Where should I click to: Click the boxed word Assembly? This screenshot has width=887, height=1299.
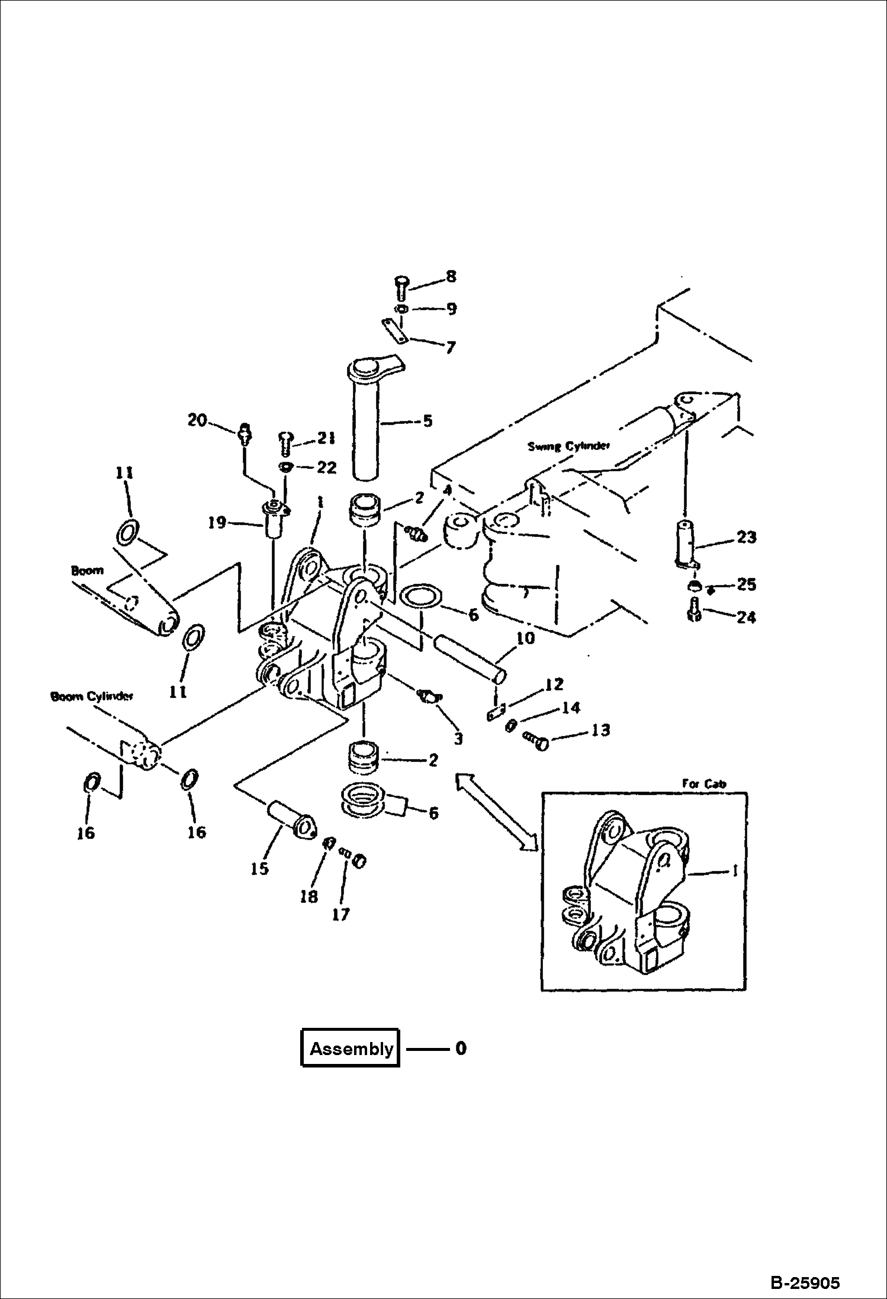[x=351, y=1049]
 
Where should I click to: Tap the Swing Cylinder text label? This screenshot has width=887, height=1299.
[x=568, y=446]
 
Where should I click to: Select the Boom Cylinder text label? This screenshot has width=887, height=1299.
[x=92, y=696]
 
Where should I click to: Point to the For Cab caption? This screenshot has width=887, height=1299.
[x=703, y=783]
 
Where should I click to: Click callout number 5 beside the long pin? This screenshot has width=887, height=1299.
[x=428, y=421]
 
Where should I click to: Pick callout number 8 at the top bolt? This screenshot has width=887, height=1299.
[x=451, y=276]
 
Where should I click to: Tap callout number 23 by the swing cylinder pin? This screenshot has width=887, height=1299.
[x=746, y=537]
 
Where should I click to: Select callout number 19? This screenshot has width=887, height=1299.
[x=217, y=522]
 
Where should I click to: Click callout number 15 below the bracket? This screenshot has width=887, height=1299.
[x=259, y=869]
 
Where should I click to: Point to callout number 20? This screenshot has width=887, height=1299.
[x=197, y=420]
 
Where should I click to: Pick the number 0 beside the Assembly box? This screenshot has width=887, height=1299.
[x=461, y=1049]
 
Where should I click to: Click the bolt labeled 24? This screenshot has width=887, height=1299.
[x=695, y=610]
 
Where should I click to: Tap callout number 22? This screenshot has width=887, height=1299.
[x=326, y=468]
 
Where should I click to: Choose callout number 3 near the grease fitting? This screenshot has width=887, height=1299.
[x=458, y=738]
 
